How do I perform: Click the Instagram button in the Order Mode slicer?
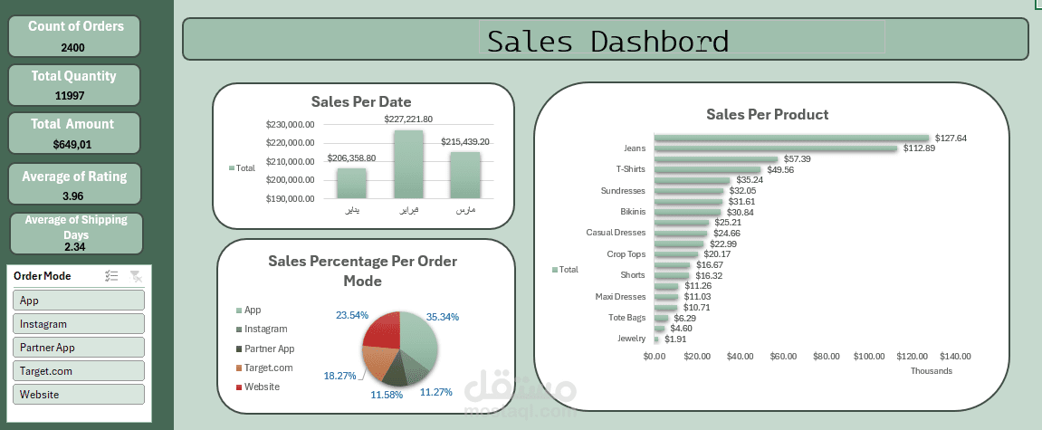coord(79,323)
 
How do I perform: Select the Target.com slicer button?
coord(79,370)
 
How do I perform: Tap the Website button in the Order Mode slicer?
coord(79,394)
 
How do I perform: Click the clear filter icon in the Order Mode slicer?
coord(135,276)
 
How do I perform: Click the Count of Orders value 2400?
coord(75,47)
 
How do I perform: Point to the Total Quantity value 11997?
coord(75,96)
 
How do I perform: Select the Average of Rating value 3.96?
coord(75,196)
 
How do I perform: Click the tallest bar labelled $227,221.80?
coord(408,164)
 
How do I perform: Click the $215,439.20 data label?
coord(464,142)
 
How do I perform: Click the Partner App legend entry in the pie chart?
coord(269,349)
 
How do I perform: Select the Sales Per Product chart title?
coord(767,114)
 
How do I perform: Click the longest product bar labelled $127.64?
coord(791,139)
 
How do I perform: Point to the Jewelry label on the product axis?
coord(631,339)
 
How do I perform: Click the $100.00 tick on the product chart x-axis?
coord(869,357)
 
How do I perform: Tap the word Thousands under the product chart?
coord(931,371)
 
